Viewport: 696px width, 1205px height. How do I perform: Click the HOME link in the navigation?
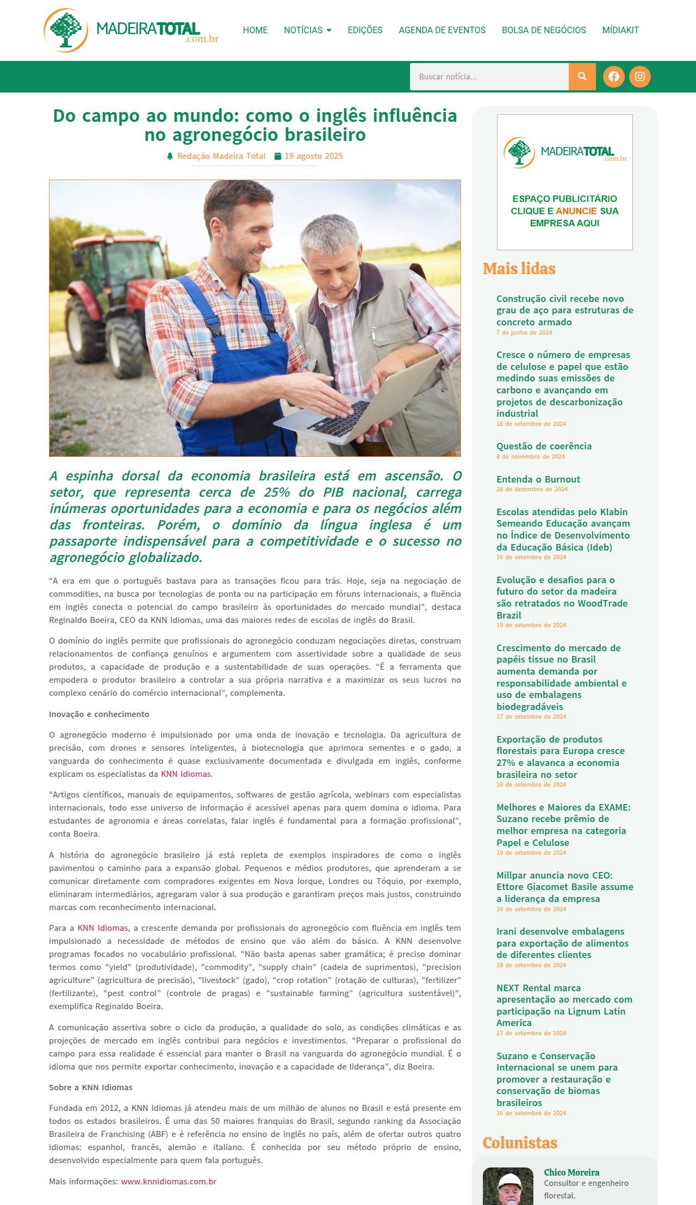click(x=255, y=30)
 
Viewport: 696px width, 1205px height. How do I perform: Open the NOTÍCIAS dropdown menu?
click(x=307, y=30)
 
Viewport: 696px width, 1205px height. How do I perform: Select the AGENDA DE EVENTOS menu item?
click(x=442, y=30)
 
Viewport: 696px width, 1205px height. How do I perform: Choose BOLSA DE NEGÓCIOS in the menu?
click(x=544, y=30)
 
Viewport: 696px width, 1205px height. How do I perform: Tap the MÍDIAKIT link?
click(x=620, y=30)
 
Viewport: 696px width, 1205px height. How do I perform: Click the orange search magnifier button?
click(x=582, y=77)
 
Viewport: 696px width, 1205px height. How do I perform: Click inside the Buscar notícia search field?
click(x=489, y=77)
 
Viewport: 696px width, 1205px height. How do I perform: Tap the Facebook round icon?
click(x=613, y=77)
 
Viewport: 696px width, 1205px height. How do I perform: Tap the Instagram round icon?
click(x=639, y=77)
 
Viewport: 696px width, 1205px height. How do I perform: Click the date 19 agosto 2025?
click(x=313, y=156)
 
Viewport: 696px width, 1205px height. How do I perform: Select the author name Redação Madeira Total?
click(x=221, y=156)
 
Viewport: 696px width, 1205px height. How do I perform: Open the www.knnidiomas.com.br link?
click(x=169, y=1181)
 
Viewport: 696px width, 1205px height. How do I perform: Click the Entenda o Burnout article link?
click(x=538, y=479)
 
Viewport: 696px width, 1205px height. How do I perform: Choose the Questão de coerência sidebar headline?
click(x=544, y=446)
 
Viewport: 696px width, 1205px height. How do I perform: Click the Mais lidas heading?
click(x=519, y=269)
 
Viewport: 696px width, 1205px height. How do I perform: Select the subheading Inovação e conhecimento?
click(x=99, y=714)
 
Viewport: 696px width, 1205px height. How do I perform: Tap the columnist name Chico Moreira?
click(x=571, y=1172)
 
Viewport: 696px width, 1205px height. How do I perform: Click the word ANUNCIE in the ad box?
click(x=576, y=211)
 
